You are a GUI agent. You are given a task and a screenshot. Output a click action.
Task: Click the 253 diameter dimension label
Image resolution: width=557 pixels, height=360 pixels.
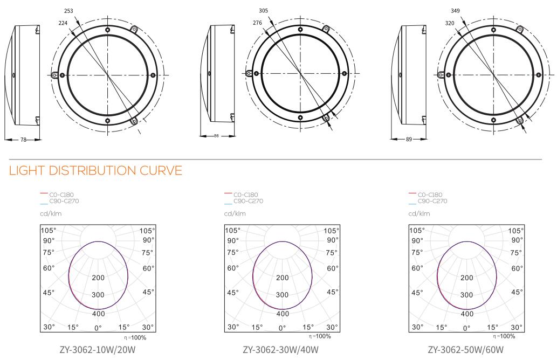[x=68, y=11]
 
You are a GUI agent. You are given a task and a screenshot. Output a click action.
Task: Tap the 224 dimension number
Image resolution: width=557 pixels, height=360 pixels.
[x=63, y=23]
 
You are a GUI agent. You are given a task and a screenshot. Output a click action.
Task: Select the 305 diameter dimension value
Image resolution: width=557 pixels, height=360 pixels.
[x=263, y=11]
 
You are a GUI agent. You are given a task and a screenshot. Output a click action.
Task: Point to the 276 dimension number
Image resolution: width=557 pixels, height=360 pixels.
[x=257, y=23]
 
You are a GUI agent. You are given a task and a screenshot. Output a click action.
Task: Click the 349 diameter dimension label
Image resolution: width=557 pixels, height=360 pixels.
[x=455, y=11]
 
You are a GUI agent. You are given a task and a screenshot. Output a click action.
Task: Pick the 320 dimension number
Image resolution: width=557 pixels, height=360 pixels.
[x=449, y=23]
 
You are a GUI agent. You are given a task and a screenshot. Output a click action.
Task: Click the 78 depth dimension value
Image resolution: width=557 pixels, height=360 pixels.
[x=23, y=140]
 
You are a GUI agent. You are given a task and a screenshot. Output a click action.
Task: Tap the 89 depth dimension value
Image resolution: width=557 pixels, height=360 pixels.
[x=409, y=140]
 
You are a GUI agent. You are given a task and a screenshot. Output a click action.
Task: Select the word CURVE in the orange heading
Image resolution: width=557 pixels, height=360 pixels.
[x=161, y=171]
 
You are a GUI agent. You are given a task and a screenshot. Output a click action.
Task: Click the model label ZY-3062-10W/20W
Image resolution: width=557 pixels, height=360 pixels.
[x=98, y=350]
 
